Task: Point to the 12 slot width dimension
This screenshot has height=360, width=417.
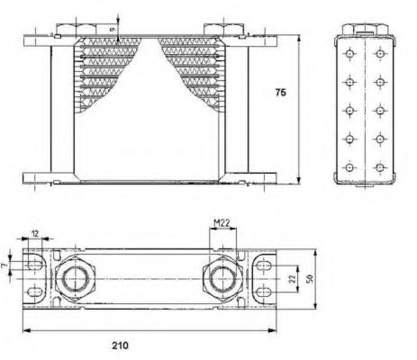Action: click(34, 235)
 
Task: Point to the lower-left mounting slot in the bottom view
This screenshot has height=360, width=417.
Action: click(35, 293)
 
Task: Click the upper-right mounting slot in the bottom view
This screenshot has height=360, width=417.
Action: click(264, 265)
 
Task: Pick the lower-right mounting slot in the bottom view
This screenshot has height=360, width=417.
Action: click(264, 293)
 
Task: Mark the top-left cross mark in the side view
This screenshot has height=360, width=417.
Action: click(351, 51)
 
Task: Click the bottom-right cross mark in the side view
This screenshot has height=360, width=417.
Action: click(380, 167)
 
